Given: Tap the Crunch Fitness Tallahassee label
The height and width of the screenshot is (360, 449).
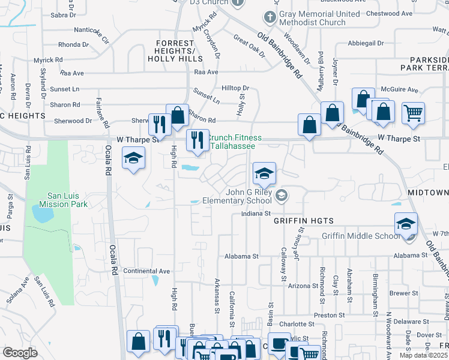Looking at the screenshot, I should coord(232,142).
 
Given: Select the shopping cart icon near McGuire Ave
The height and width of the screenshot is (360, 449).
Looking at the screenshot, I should coord(413,112).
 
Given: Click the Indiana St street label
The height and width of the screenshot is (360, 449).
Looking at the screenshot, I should coord(256,213).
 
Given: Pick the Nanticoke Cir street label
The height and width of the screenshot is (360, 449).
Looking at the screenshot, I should coord(91,34).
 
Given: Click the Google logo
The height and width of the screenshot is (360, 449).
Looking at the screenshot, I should coord(20,353).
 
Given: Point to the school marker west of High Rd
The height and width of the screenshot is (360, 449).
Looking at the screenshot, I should coord(133,159).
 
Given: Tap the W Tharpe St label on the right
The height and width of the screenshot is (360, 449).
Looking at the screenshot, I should coord(397,137).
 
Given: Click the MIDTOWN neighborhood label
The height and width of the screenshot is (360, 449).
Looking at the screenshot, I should coord(427,193).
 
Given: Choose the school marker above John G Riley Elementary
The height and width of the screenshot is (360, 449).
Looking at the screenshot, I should coord(264,174).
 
